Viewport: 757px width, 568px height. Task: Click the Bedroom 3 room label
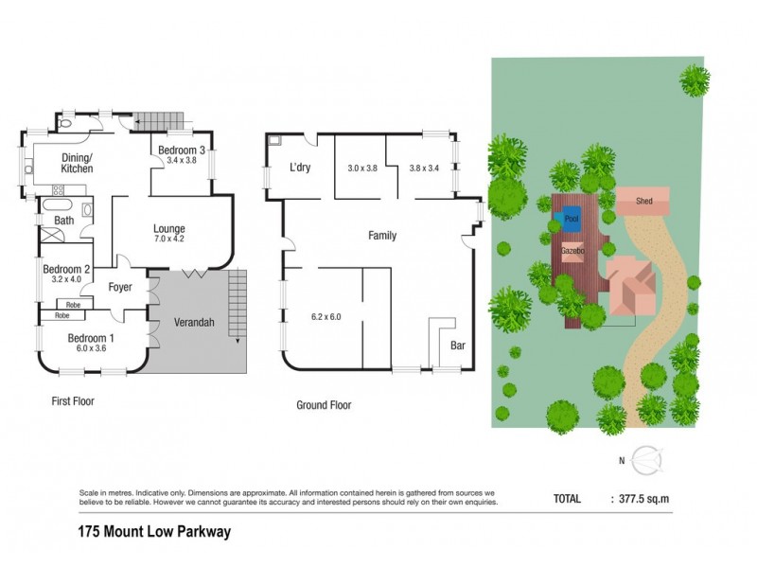tap(182, 151)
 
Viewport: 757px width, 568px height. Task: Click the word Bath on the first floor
tap(64, 221)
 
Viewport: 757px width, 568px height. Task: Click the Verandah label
tap(194, 323)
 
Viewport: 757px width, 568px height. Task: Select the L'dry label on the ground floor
tap(300, 169)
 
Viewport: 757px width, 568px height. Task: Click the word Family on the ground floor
tap(381, 236)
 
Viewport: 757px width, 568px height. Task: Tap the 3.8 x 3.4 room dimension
tap(425, 168)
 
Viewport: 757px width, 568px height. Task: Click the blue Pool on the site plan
tap(571, 217)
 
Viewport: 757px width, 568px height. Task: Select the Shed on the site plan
tap(644, 201)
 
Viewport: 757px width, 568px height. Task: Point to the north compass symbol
tap(647, 461)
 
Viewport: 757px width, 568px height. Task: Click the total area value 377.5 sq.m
tap(646, 497)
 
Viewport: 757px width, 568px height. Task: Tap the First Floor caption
tap(72, 401)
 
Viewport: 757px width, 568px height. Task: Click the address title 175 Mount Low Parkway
tap(153, 532)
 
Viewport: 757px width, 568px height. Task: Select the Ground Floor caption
tap(324, 405)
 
